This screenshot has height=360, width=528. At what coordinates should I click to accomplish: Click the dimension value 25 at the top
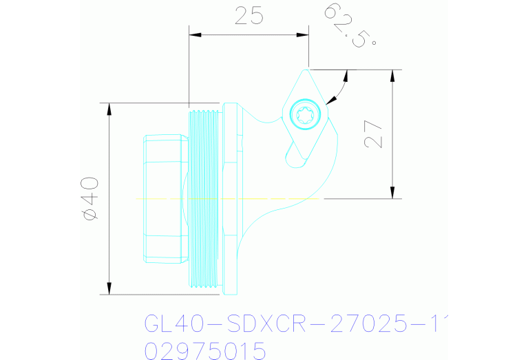[x=249, y=16]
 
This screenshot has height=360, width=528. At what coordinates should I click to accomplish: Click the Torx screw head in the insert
[x=304, y=114]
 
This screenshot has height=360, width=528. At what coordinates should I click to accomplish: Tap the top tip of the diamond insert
[x=306, y=70]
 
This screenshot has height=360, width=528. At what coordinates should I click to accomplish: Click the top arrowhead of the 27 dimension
[x=392, y=74]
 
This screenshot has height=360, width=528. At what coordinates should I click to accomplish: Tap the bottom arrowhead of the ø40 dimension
[x=109, y=288]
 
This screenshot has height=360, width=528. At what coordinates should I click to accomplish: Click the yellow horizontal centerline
[x=227, y=199]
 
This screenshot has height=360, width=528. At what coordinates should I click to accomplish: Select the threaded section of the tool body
[x=204, y=198]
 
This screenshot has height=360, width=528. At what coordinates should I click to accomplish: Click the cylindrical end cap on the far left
[x=162, y=198]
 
